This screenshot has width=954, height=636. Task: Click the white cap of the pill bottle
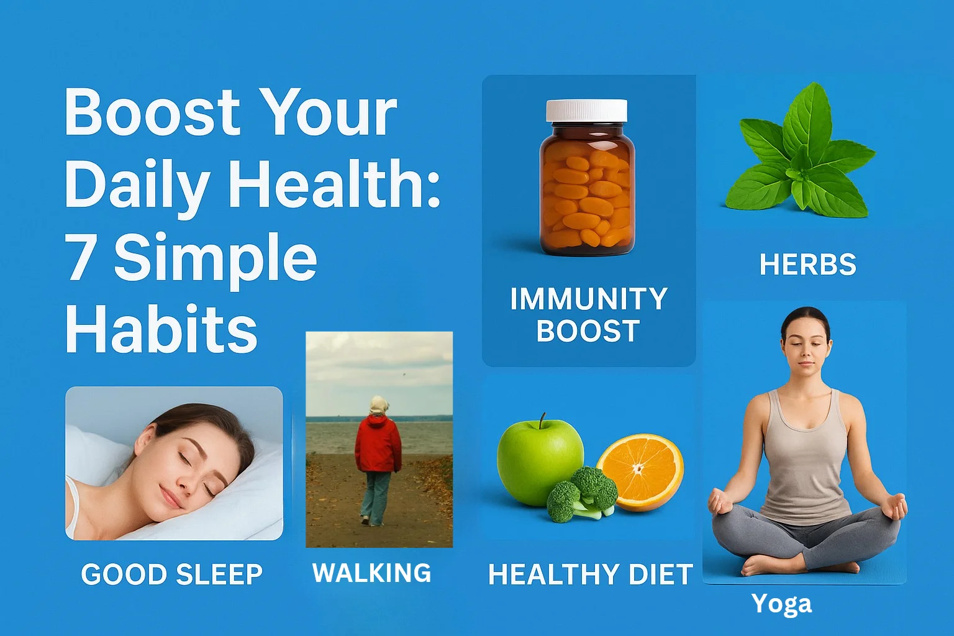[x=587, y=111]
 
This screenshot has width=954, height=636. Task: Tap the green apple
[x=540, y=462]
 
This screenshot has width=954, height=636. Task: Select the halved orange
[x=640, y=472]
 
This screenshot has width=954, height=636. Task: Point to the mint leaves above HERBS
[x=801, y=153]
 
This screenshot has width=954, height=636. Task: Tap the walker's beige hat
[x=378, y=405]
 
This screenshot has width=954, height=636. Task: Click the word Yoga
[x=781, y=605]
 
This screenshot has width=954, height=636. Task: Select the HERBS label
[x=808, y=265]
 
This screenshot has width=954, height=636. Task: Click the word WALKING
[x=372, y=573]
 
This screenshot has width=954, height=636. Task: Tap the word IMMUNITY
[x=589, y=299]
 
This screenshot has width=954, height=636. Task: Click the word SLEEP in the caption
[x=219, y=575]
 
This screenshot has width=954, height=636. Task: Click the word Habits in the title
[x=161, y=329]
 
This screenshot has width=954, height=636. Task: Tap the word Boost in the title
[x=152, y=112]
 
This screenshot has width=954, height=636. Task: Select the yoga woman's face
[x=804, y=349]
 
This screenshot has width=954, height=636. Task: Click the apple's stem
[x=542, y=421]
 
